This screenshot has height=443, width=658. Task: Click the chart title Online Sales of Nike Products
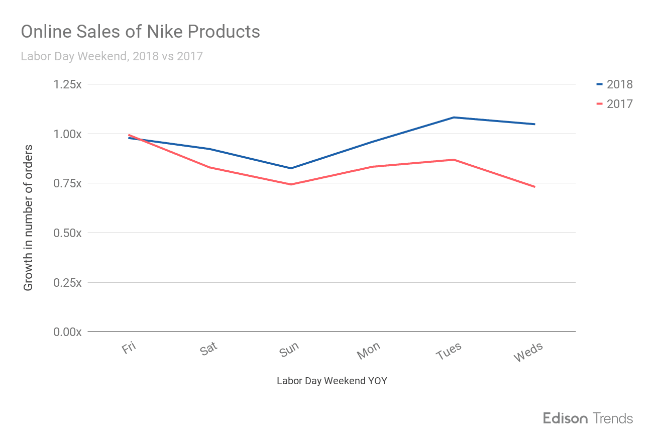click(x=140, y=32)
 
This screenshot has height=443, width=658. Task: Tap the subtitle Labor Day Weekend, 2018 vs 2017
click(x=112, y=56)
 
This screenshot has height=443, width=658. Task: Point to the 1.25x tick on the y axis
click(x=67, y=84)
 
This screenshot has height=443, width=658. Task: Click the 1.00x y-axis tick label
click(x=67, y=134)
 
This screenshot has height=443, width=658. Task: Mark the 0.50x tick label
click(x=67, y=233)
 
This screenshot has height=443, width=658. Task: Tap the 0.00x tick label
click(x=67, y=332)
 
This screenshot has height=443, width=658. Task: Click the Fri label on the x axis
click(x=129, y=348)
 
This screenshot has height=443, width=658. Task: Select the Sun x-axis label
click(x=289, y=349)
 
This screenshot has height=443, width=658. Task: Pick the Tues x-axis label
click(x=448, y=351)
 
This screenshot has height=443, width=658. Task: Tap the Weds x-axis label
click(x=528, y=352)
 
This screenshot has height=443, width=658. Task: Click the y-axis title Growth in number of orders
click(x=28, y=217)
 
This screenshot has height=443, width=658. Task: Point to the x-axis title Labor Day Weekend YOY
click(x=332, y=381)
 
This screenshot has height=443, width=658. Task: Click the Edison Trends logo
click(x=588, y=418)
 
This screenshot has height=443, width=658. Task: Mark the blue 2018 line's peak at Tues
click(x=454, y=118)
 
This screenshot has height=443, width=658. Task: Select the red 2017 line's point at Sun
click(x=291, y=184)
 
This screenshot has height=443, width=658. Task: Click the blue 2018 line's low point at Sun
click(x=291, y=168)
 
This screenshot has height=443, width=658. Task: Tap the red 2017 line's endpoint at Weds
click(x=534, y=187)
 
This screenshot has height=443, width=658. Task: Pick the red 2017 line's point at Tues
click(x=454, y=160)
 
